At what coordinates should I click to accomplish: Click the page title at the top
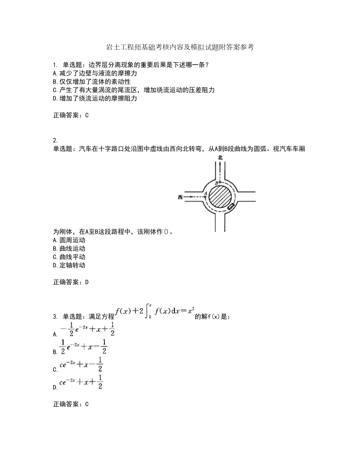click(180, 47)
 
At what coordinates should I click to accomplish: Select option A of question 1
click(94, 73)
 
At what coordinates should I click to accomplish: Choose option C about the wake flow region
click(133, 90)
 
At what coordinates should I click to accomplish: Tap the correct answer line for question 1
click(70, 115)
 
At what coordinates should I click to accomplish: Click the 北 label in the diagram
click(220, 158)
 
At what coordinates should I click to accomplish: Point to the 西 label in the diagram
click(180, 197)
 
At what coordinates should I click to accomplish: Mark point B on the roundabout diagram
click(220, 182)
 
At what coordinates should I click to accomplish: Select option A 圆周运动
click(68, 240)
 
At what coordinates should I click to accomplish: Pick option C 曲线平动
click(68, 257)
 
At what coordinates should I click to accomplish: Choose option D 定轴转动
click(68, 266)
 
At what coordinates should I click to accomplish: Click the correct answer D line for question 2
click(70, 282)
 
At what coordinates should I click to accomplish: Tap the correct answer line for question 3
click(70, 404)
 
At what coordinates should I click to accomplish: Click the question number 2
click(55, 140)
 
